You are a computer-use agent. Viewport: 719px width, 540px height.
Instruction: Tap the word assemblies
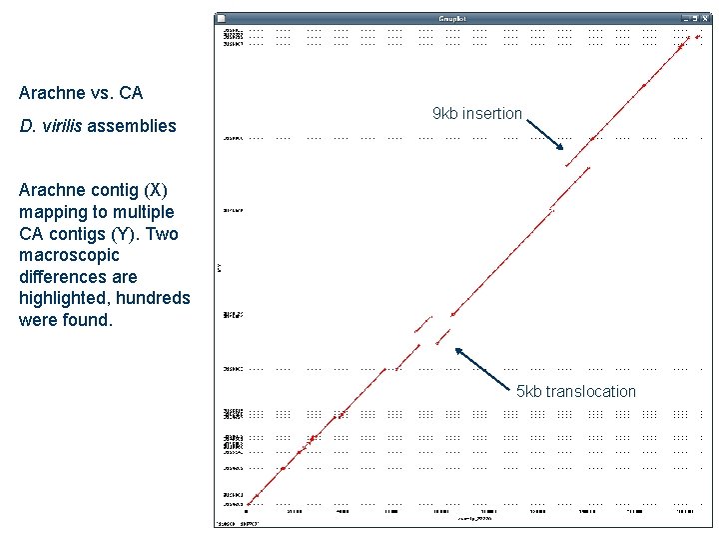click(x=133, y=126)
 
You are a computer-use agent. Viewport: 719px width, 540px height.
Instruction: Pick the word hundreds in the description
click(x=157, y=299)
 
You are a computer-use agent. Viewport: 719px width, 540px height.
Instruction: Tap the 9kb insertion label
click(x=476, y=114)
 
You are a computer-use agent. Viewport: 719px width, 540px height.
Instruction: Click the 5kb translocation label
click(x=575, y=391)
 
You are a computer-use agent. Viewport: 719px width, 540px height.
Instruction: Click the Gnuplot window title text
click(x=453, y=19)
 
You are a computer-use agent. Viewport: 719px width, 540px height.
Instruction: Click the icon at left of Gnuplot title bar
click(x=222, y=19)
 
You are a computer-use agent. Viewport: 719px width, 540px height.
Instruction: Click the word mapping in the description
click(x=47, y=212)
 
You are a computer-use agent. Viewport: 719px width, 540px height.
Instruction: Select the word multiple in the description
click(x=142, y=212)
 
